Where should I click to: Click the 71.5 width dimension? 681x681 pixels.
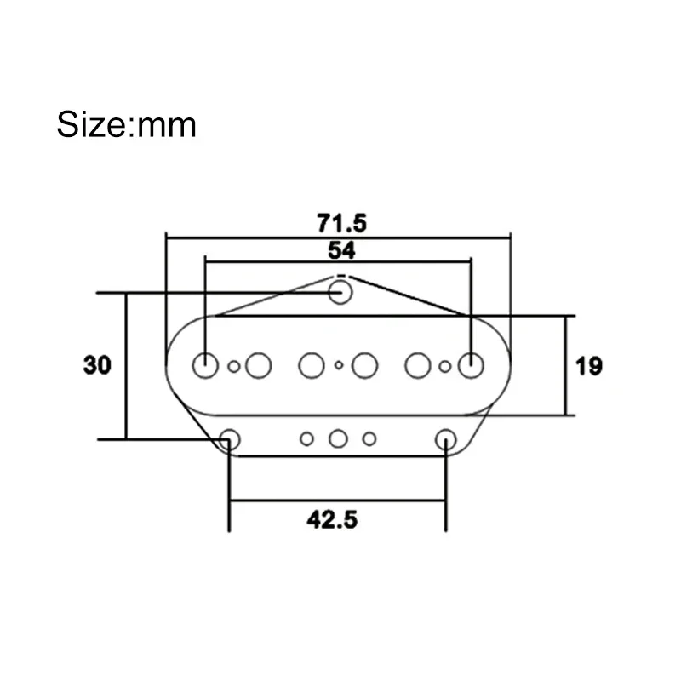tap(341, 224)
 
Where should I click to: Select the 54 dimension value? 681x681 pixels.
tap(340, 250)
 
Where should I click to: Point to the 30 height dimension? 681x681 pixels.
tap(97, 366)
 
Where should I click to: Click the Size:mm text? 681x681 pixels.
tap(127, 125)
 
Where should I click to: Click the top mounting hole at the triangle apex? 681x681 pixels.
tap(340, 292)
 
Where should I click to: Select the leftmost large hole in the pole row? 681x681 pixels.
tap(205, 365)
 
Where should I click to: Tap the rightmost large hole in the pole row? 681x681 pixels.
tap(471, 365)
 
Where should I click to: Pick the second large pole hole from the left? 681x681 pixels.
tap(258, 366)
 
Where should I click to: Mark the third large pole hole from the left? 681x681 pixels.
tap(311, 366)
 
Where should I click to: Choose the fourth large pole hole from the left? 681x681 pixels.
tap(366, 366)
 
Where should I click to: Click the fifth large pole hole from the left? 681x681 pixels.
tap(418, 366)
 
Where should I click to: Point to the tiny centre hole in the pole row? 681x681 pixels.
tap(339, 366)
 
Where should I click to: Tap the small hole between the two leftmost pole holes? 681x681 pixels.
tap(234, 367)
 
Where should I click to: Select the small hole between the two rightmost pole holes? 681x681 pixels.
tap(445, 367)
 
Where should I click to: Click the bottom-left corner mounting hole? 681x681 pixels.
tap(229, 439)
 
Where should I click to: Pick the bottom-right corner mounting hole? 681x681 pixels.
tap(445, 439)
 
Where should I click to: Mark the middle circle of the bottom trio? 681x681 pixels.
tap(338, 439)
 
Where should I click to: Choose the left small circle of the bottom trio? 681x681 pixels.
tap(306, 439)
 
